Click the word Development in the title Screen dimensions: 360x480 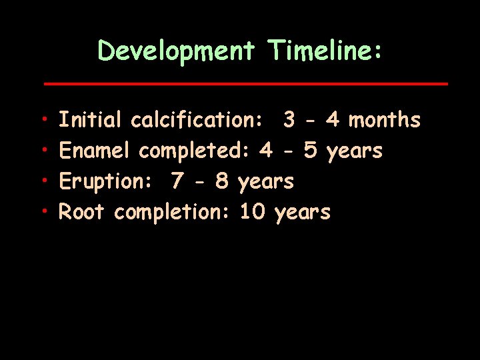pyautogui.click(x=176, y=51)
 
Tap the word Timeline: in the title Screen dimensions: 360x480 pyautogui.click(x=324, y=51)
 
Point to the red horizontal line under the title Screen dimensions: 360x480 pyautogui.click(x=245, y=84)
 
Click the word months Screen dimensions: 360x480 pyautogui.click(x=385, y=120)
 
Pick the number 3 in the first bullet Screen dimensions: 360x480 pyautogui.click(x=289, y=120)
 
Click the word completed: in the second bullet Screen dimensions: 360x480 pyautogui.click(x=194, y=152)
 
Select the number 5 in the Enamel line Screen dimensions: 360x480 pyautogui.click(x=309, y=151)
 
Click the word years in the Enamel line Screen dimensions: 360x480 pyautogui.click(x=354, y=152)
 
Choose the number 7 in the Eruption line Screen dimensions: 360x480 pyautogui.click(x=177, y=181)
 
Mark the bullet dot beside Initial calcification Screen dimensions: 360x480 pyautogui.click(x=43, y=121)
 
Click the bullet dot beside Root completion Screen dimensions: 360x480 pyautogui.click(x=43, y=213)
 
